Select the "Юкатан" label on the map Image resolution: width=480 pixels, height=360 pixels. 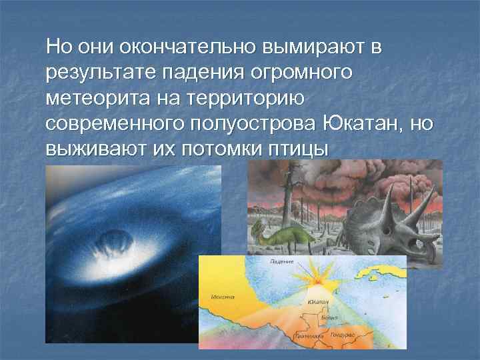click(318, 302)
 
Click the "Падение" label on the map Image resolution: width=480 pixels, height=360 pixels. click(281, 262)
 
